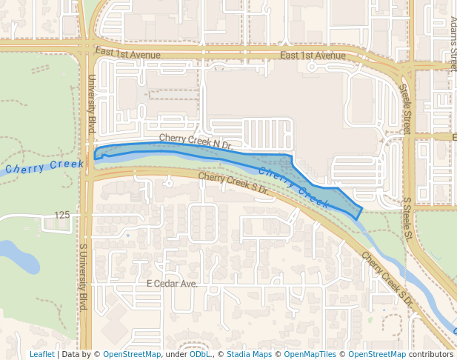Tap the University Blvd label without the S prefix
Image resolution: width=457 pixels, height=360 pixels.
click(92, 104)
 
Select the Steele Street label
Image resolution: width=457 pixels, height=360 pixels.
click(404, 109)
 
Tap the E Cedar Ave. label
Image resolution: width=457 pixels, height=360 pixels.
click(172, 284)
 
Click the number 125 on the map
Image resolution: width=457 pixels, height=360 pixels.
click(61, 215)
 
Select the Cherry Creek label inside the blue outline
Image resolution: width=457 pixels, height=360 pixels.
click(293, 184)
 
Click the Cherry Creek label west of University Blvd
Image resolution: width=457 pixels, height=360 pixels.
click(44, 167)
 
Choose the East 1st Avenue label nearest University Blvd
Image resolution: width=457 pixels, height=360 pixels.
click(127, 52)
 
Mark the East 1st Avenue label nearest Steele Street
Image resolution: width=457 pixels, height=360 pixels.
click(313, 56)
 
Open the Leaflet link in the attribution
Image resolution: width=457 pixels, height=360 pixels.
click(41, 354)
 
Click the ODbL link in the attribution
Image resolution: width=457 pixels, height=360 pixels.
click(200, 354)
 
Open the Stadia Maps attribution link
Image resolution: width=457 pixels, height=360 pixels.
click(249, 354)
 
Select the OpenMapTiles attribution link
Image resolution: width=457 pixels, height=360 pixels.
click(309, 354)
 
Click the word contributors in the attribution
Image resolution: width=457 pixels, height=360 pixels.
click(430, 354)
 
